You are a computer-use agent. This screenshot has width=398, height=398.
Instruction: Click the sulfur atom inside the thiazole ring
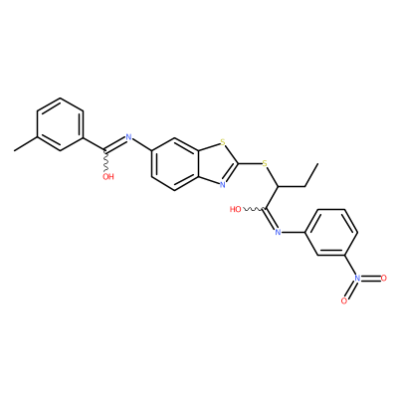[223, 143]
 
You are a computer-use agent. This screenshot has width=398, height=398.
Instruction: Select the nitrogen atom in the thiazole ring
[223, 185]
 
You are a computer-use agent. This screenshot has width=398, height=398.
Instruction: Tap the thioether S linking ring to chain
[265, 163]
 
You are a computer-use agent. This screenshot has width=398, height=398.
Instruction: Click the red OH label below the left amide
[108, 176]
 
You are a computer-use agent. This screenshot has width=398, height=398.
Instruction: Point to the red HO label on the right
[236, 209]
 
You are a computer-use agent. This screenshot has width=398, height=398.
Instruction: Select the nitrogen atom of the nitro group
[357, 278]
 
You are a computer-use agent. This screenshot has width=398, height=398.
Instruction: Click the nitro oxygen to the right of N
[384, 278]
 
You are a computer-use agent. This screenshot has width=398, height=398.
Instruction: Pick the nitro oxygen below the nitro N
[344, 300]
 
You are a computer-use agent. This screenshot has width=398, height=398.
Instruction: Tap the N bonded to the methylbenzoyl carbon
[129, 137]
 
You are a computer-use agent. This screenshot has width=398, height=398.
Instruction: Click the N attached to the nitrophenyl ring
[278, 232]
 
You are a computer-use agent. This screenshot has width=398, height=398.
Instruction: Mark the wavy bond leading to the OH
[106, 161]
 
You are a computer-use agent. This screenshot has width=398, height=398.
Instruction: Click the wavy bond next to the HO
[253, 209]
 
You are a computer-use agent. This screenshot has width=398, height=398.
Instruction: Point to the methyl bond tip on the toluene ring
[15, 151]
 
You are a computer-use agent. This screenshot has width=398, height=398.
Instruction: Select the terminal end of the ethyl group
[317, 163]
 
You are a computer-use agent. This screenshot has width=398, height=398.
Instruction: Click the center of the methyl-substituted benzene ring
[60, 124]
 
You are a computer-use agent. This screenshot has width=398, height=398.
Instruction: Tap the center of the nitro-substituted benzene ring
[331, 232]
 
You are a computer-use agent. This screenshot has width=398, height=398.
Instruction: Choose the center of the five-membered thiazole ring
[216, 164]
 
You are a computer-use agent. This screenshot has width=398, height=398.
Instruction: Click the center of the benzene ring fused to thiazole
[175, 164]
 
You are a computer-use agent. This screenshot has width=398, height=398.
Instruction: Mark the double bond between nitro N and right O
[371, 278]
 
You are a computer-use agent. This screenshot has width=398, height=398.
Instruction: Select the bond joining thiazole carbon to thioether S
[249, 163]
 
